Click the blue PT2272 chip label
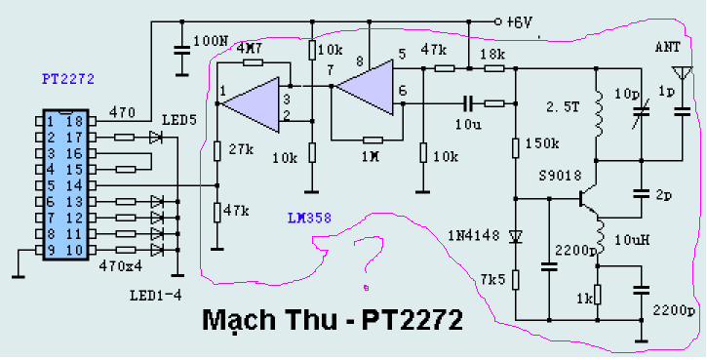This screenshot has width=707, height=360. pos(68,79)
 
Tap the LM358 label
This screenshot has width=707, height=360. pos(310,219)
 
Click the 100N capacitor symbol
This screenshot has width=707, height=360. pos(181,51)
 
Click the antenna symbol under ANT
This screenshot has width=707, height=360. pos(681,73)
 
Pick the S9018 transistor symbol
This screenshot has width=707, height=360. pos(588,198)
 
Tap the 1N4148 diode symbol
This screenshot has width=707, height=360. pos(515,235)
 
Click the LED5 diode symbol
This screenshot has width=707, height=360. pos(156,137)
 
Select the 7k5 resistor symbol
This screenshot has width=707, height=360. pos(515,280)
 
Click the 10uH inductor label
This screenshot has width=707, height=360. pos(632,240)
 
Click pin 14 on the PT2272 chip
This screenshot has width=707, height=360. pos(92,185)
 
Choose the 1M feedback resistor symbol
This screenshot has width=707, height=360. pos(373,140)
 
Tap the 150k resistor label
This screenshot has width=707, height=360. pos(542,143)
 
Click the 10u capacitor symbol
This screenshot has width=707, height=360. pos(468,104)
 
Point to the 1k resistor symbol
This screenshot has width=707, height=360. pos(598,295)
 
